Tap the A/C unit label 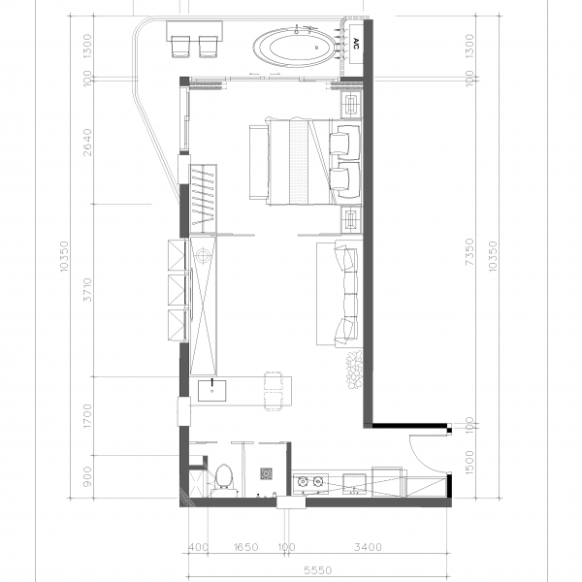click(x=356, y=44)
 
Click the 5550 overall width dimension click(x=317, y=569)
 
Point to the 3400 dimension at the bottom click(x=368, y=547)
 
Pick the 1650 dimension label click(x=245, y=547)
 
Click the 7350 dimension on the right click(x=469, y=251)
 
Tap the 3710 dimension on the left click(x=87, y=289)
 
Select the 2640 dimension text click(x=87, y=143)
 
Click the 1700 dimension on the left click(x=87, y=416)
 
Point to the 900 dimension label click(x=87, y=477)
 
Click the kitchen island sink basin click(x=211, y=391)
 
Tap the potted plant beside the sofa click(x=354, y=370)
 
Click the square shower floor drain click(x=267, y=474)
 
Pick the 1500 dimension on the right click(x=469, y=462)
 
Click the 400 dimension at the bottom click(x=198, y=547)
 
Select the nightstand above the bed click(x=351, y=105)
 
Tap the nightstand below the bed click(x=351, y=219)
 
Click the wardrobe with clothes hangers click(x=203, y=199)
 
